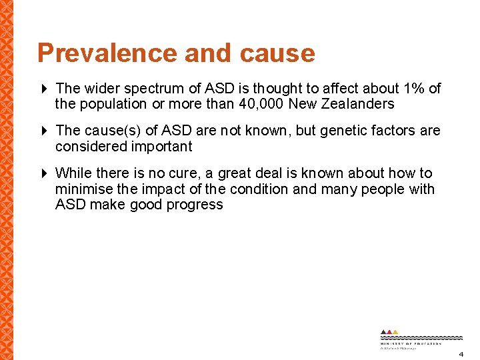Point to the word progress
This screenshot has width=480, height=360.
tap(196, 205)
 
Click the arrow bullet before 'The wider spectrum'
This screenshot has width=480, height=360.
tap(45, 89)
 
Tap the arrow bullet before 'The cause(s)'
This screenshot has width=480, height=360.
tap(45, 131)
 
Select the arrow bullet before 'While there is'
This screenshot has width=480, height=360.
tap(45, 173)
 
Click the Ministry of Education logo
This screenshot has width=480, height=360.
tap(411, 339)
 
